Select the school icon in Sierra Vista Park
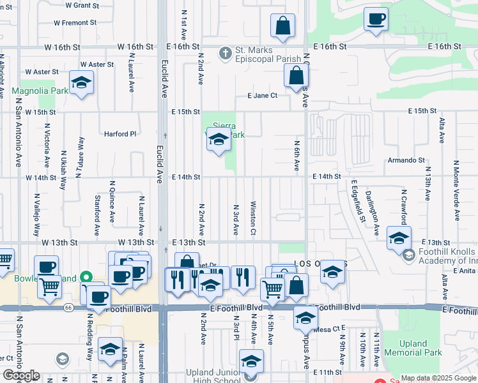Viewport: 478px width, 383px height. [x=219, y=139]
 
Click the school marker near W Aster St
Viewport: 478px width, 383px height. [x=81, y=83]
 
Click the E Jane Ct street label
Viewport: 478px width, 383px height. [x=263, y=96]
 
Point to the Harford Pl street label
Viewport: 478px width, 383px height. [x=121, y=134]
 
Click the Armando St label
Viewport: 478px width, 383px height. [x=406, y=160]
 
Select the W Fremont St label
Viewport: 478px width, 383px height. [x=75, y=22]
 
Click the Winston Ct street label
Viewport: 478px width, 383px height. [x=253, y=218]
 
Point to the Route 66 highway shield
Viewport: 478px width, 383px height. [x=68, y=308]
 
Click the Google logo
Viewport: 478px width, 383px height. [x=21, y=375]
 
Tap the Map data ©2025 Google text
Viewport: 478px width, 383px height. [x=438, y=378]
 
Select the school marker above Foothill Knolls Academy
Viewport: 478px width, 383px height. [x=399, y=238]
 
